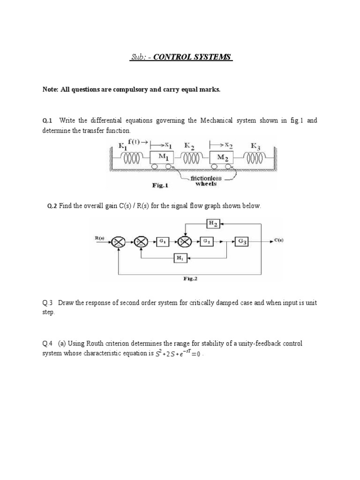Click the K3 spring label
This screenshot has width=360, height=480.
[x=255, y=146]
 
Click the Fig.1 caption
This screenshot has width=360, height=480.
[x=162, y=185]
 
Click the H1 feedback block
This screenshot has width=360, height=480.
[x=180, y=257]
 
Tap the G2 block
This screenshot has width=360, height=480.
[x=207, y=241]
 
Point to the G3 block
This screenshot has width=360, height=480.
[x=242, y=241]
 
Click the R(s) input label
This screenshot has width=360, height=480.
[x=100, y=238]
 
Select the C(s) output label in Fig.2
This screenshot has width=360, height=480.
[x=278, y=241]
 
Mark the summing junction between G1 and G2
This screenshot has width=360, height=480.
[x=186, y=242]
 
